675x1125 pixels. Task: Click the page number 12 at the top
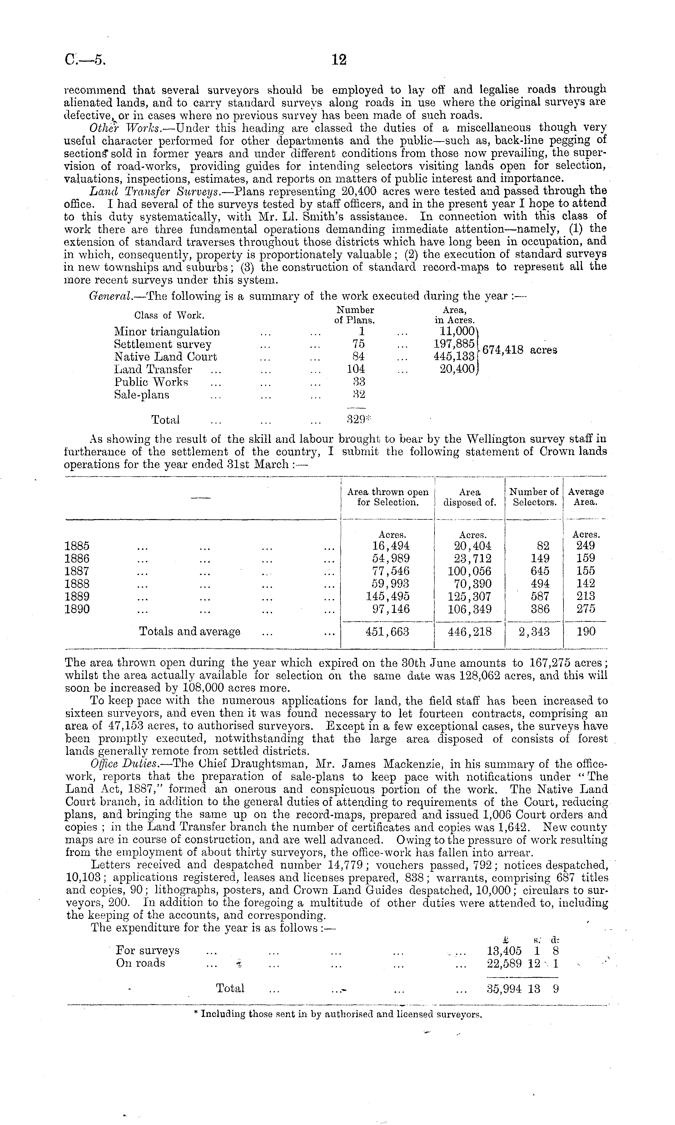pos(339,60)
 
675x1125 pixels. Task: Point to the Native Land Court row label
pos(165,357)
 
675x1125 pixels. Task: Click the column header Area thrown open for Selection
pos(388,497)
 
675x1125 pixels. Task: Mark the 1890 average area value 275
pos(586,609)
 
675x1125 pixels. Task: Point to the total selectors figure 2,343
pos(534,632)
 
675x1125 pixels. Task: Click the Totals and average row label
pos(189,632)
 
